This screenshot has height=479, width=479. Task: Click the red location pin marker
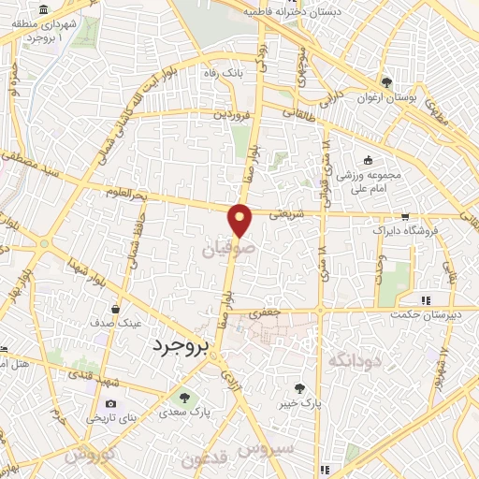241,220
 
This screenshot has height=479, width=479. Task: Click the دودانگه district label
352,359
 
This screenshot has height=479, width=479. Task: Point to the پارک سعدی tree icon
182,396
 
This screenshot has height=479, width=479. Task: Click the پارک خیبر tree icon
298,388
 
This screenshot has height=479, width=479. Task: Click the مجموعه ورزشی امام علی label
370,181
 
